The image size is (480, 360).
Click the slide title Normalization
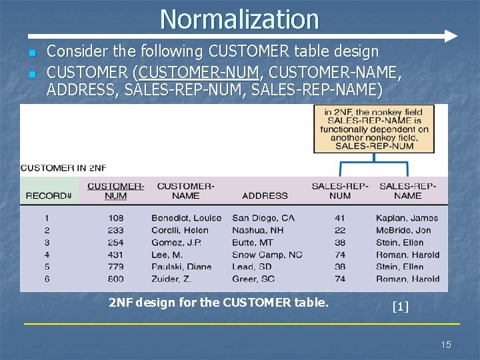click(x=239, y=19)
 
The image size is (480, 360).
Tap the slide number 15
click(x=446, y=344)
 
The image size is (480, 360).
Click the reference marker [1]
click(x=400, y=307)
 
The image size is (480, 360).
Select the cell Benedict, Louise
click(x=186, y=218)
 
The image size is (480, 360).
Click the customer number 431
click(x=115, y=255)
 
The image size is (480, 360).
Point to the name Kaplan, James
click(x=407, y=218)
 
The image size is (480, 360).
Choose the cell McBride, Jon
click(x=403, y=230)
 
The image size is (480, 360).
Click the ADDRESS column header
click(x=265, y=196)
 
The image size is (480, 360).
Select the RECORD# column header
click(x=48, y=196)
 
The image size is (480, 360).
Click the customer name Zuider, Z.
click(x=171, y=279)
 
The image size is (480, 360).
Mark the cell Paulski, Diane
click(x=181, y=267)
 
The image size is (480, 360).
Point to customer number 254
click(x=115, y=243)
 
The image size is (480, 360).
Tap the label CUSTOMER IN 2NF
click(x=64, y=168)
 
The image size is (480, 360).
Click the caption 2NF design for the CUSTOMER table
click(x=219, y=303)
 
